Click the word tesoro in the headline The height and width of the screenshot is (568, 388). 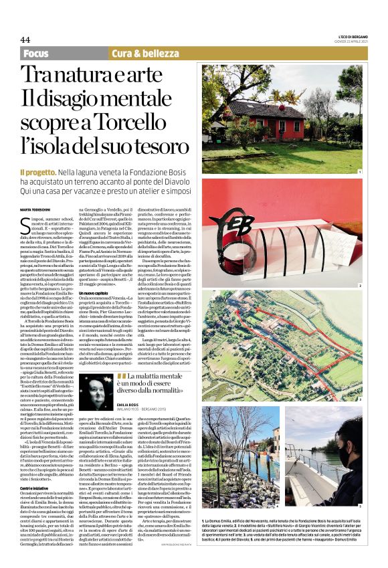click(159, 145)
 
